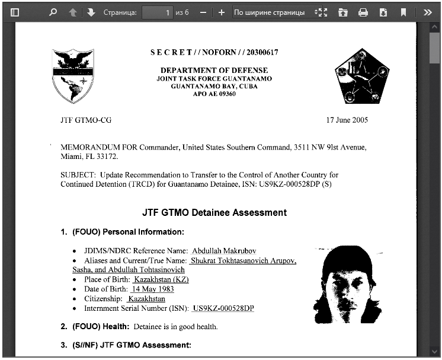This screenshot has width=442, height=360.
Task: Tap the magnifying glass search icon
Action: [x=53, y=12]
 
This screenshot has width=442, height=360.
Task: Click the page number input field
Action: [x=157, y=12]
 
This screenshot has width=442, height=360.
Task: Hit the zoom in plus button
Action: [x=222, y=12]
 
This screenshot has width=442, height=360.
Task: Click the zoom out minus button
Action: [x=203, y=12]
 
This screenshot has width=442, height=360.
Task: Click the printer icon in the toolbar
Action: [x=363, y=12]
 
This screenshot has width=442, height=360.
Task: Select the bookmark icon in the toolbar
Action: [x=403, y=12]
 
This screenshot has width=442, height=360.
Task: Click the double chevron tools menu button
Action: [x=427, y=12]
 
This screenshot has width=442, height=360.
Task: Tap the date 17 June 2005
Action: [x=347, y=120]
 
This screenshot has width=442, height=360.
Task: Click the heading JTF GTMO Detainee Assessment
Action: [x=214, y=212]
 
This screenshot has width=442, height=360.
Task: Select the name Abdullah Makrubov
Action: [x=224, y=251]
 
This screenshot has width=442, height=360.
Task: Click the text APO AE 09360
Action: [x=214, y=94]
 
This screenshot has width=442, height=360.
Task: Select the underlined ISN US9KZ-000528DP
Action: [x=223, y=308]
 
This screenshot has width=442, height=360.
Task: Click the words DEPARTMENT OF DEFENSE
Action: [x=214, y=70]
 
